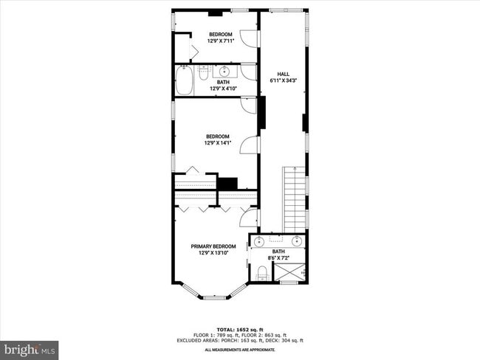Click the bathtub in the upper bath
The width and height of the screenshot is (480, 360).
(184, 80)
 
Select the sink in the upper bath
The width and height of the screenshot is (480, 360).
(224, 72)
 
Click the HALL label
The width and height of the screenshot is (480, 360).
(283, 74)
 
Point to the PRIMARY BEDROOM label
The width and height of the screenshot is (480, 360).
(213, 246)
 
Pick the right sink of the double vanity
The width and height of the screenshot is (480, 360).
(297, 241)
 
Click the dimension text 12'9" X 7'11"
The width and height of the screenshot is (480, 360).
(220, 41)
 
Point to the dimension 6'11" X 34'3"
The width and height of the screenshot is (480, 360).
(283, 80)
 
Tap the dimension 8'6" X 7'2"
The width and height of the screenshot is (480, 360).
(278, 258)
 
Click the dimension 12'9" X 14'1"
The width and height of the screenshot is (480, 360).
(218, 143)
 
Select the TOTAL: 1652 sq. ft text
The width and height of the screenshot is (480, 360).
(240, 328)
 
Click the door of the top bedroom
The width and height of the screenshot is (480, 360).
(250, 39)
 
